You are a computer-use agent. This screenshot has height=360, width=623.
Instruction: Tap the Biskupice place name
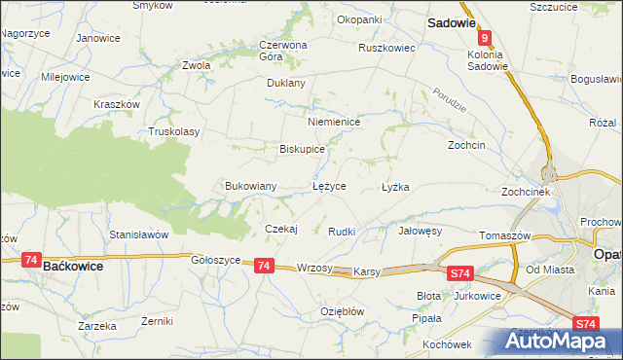coord(302,150)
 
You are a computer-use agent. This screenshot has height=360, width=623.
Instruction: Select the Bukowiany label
coord(251,185)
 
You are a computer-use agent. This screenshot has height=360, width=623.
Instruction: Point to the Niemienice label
coord(334,122)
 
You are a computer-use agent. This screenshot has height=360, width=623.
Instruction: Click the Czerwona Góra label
coord(283,51)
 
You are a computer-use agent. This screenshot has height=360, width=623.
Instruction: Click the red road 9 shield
coord(484,36)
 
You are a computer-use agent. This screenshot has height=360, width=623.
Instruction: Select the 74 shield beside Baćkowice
coord(31,261)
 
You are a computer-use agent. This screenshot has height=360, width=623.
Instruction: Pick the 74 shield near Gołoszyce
coord(264,265)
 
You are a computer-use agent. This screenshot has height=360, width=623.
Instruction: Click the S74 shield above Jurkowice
coord(461,275)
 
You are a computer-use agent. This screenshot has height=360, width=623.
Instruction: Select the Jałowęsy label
coord(421,232)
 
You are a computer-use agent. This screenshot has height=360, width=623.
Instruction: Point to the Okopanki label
coord(359,18)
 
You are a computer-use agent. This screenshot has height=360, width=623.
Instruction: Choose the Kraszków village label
coord(117,104)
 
